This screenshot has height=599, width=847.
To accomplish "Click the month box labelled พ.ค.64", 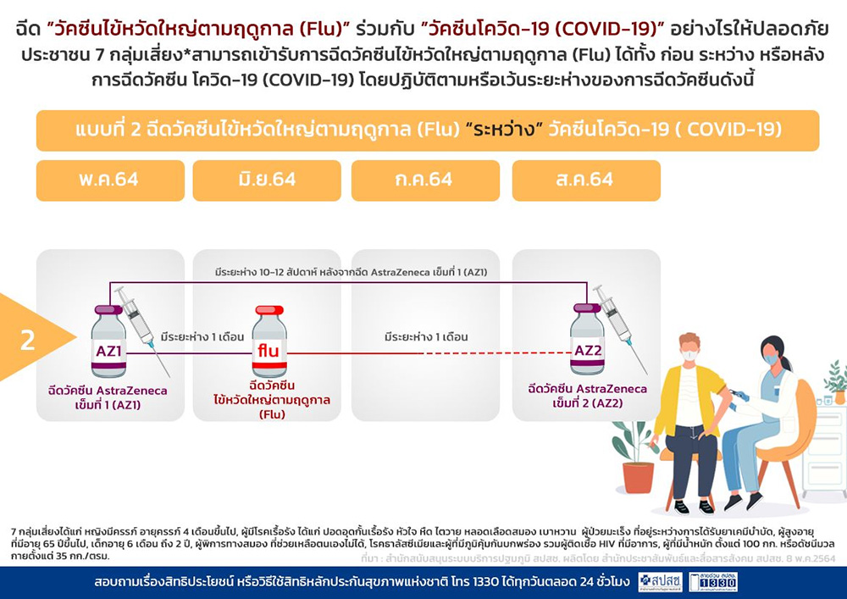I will point(110,180).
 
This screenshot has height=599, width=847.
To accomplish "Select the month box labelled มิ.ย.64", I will point(267,180).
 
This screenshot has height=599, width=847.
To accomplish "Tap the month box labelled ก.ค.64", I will point(424,180).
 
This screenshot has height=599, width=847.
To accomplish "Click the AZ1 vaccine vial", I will point(108,342).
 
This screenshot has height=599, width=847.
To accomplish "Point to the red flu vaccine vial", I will point(269,342).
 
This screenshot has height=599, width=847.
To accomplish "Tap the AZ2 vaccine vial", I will point(587,341).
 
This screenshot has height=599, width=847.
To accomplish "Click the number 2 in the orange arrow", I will point(28,340).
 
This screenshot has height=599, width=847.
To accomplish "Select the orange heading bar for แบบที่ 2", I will point(427,131).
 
